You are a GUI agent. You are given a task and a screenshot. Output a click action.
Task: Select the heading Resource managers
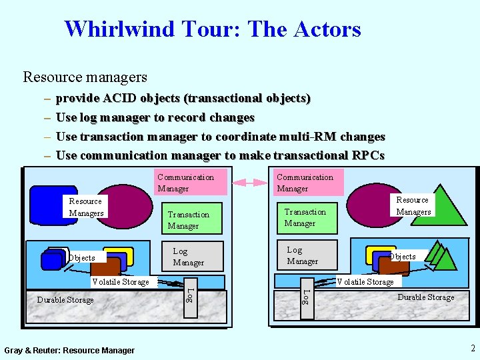click(x=85, y=77)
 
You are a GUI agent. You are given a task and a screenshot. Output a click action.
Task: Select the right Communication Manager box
click(x=309, y=182)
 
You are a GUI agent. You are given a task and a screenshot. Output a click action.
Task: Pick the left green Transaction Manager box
click(x=193, y=219)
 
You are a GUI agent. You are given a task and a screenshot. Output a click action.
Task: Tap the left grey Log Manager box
click(x=193, y=256)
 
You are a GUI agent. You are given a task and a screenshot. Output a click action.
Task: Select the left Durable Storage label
click(x=65, y=300)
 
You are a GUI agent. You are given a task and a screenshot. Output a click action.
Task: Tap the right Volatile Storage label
click(x=365, y=282)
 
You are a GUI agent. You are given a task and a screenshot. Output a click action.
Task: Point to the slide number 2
click(x=472, y=348)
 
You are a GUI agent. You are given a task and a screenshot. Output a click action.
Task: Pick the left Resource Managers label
click(x=86, y=207)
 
